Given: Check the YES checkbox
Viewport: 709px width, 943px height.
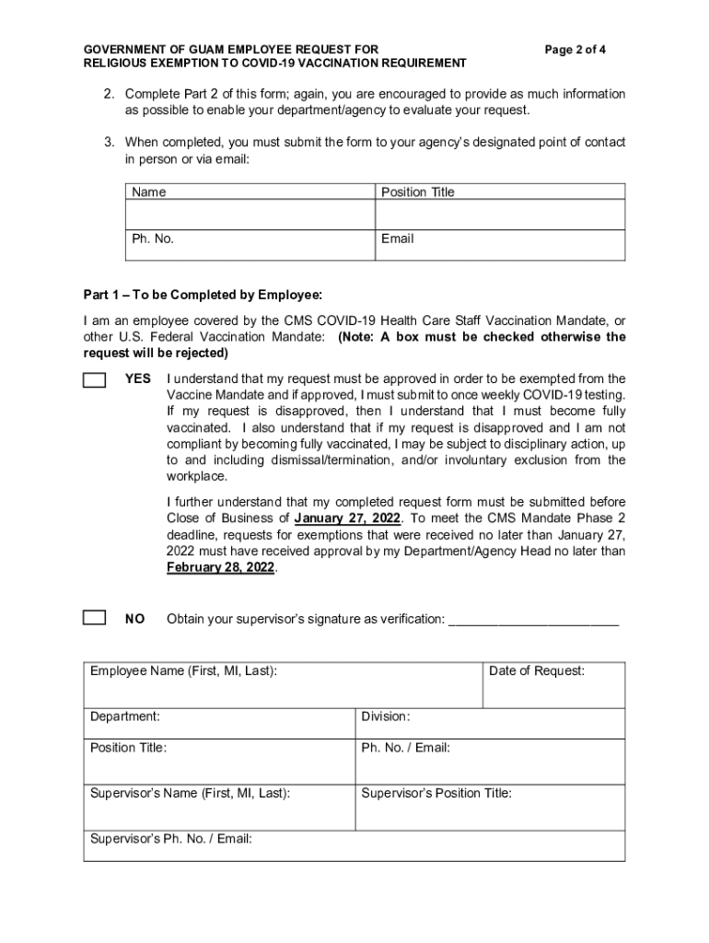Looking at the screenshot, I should pyautogui.click(x=94, y=380).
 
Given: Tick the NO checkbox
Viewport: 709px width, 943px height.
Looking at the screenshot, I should pyautogui.click(x=94, y=617).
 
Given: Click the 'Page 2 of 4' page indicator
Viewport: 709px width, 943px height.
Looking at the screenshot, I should pyautogui.click(x=575, y=49).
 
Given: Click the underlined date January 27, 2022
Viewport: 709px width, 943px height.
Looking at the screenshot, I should pyautogui.click(x=347, y=518).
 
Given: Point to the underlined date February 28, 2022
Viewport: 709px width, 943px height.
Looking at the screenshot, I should pyautogui.click(x=220, y=567).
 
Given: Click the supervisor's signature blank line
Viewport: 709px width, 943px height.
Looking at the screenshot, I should pyautogui.click(x=533, y=620).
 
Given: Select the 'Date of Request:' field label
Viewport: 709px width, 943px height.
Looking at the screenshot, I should pyautogui.click(x=536, y=671).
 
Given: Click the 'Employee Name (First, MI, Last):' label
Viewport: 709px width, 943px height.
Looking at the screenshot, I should pyautogui.click(x=183, y=671).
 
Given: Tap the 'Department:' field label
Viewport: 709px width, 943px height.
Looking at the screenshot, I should pyautogui.click(x=124, y=716).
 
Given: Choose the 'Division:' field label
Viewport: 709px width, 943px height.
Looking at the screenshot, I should pyautogui.click(x=385, y=716).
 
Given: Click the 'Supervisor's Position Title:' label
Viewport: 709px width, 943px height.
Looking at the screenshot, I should pyautogui.click(x=436, y=793).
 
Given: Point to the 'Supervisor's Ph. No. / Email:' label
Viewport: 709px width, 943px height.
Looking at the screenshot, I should pyautogui.click(x=170, y=839).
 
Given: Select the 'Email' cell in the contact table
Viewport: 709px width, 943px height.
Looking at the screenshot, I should pyautogui.click(x=397, y=239).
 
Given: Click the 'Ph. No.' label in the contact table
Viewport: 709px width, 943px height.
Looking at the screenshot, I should pyautogui.click(x=152, y=239).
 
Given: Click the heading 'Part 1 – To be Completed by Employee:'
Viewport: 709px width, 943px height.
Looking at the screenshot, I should pyautogui.click(x=203, y=295).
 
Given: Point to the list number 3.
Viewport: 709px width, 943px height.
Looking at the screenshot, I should pyautogui.click(x=108, y=142).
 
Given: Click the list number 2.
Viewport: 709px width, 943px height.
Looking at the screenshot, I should pyautogui.click(x=108, y=94).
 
